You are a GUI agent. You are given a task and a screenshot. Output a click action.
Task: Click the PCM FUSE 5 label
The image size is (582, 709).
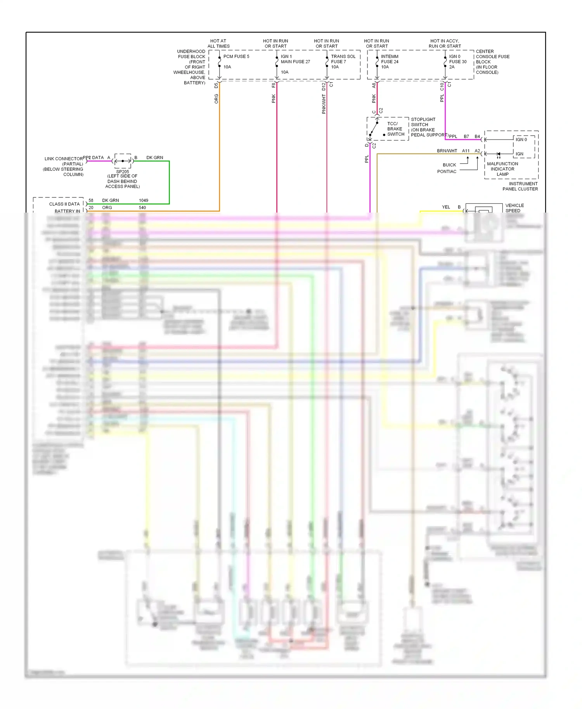(x=236, y=57)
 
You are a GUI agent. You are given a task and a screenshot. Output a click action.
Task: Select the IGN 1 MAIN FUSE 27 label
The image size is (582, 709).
(x=295, y=59)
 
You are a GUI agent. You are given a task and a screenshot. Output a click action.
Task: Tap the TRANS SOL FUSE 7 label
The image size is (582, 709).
(x=343, y=59)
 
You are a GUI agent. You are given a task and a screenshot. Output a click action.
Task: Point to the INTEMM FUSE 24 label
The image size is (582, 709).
(x=390, y=59)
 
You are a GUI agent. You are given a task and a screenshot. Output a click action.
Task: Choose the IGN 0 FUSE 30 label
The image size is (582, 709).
(x=457, y=59)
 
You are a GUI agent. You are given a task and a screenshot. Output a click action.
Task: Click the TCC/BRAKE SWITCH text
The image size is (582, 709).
(x=395, y=129)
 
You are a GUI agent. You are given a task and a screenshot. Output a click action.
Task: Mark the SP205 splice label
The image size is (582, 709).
(x=123, y=172)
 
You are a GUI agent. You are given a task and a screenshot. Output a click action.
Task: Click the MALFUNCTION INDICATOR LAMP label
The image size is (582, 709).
(x=502, y=169)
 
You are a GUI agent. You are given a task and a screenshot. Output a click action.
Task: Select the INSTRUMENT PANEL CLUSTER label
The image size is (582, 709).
(x=520, y=187)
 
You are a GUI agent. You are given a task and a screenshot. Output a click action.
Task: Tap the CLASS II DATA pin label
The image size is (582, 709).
(x=64, y=204)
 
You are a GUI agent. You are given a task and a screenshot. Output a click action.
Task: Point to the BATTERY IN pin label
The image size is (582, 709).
(x=68, y=211)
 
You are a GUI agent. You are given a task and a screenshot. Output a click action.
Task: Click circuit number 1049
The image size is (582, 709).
(x=144, y=201)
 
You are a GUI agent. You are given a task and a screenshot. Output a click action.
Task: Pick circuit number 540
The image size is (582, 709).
(x=142, y=208)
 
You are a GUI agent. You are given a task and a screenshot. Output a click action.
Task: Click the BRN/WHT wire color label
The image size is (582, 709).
(x=447, y=151)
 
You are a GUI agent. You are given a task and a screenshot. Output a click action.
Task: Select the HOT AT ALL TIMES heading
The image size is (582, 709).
(x=218, y=43)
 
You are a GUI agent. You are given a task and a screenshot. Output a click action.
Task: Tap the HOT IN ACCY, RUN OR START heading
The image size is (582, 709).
(x=445, y=43)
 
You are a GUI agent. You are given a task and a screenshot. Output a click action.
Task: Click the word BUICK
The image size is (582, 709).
(x=449, y=165)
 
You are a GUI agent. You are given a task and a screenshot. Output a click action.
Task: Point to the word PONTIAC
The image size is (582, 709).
(x=447, y=172)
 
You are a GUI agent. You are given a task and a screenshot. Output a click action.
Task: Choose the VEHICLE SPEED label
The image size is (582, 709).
(x=514, y=208)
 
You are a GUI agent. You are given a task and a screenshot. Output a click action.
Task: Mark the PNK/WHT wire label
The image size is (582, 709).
(x=324, y=104)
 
